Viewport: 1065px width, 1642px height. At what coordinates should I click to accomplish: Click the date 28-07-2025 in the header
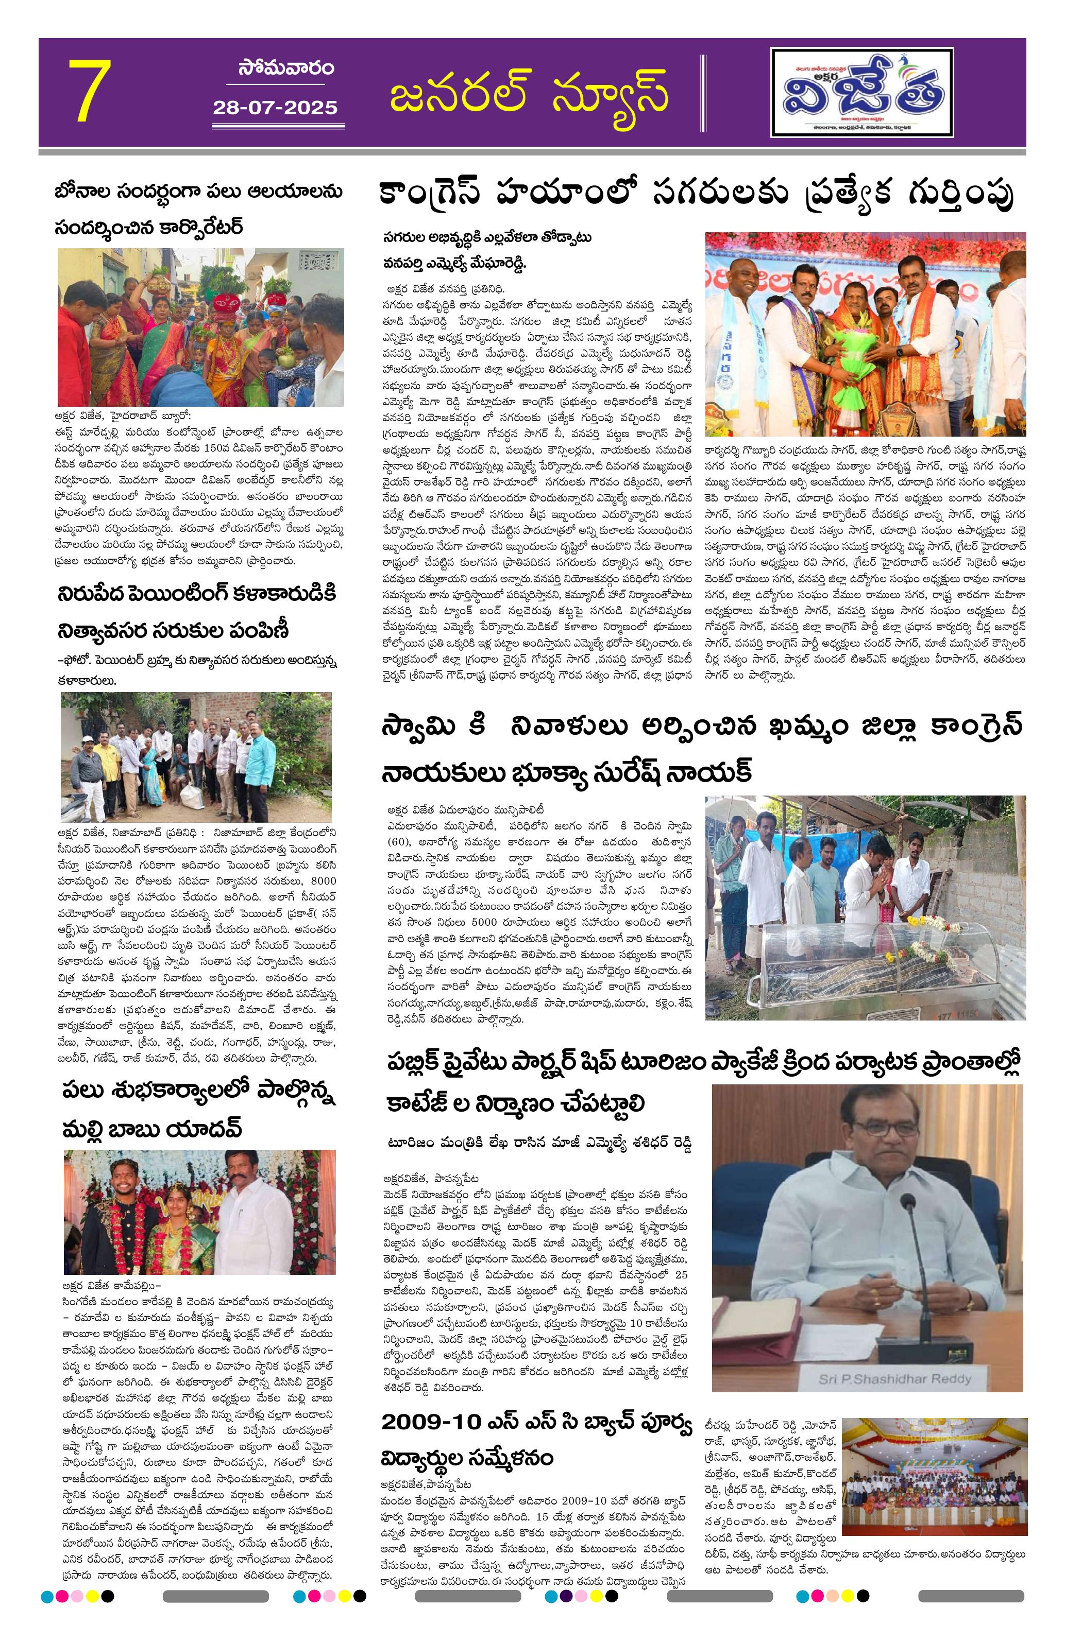click(275, 108)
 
